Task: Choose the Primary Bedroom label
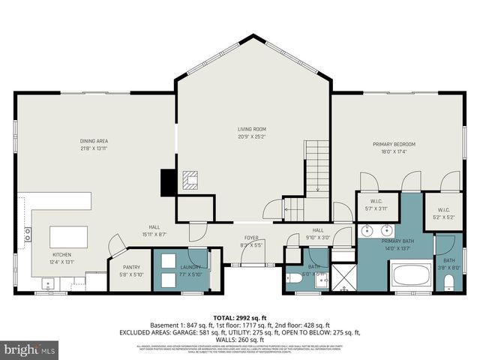pos(394,144)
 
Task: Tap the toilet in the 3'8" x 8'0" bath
pos(448,283)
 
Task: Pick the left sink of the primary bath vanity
pos(370,229)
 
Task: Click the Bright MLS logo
pos(28,349)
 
